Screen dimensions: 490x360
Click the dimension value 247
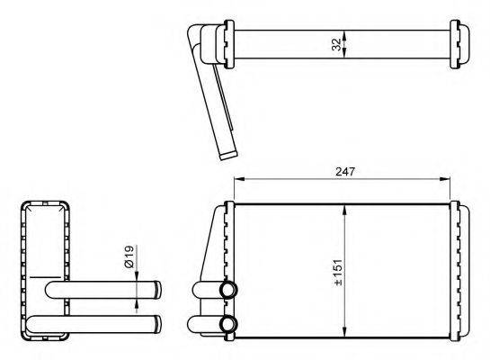point(345,171)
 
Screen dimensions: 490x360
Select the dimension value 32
point(336,44)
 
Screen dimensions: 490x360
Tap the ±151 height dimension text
point(338,272)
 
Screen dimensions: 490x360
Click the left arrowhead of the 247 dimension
point(239,179)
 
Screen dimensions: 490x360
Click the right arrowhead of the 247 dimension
point(445,179)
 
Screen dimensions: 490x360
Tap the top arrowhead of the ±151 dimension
point(344,210)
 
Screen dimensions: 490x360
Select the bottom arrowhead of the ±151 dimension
point(344,332)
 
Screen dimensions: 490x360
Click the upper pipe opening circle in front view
point(229,289)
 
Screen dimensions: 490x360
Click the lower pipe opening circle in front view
point(229,324)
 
